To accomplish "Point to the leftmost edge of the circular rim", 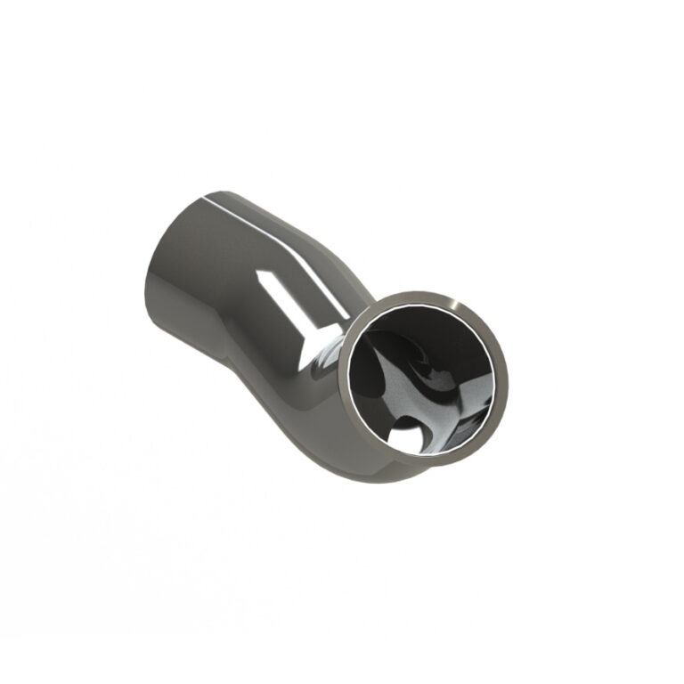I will click(x=339, y=379).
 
